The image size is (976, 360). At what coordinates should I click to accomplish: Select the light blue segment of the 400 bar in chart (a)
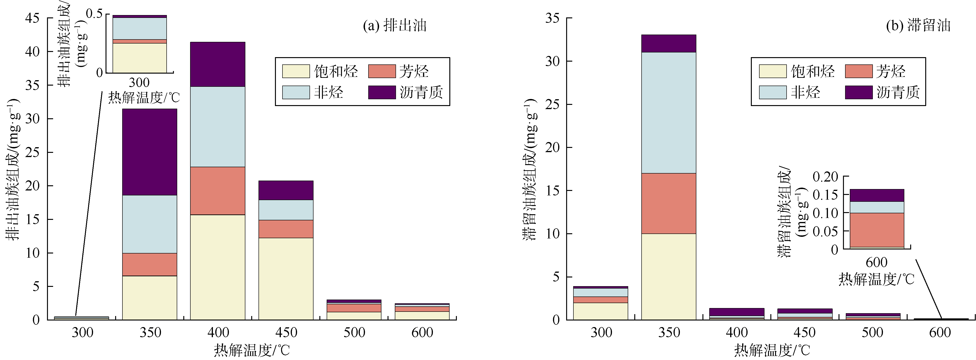(217, 127)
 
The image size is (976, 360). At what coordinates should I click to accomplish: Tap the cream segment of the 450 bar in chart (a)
(286, 279)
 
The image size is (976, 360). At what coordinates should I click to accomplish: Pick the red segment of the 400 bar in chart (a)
(217, 191)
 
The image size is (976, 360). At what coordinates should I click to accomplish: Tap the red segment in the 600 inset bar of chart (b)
(877, 230)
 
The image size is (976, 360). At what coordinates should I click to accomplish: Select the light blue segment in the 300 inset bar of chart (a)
(139, 28)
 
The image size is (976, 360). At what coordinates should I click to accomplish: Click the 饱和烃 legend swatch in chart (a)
(296, 71)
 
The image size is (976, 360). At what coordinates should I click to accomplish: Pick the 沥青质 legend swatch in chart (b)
(858, 92)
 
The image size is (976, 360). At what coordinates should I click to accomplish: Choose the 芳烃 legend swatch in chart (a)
(381, 71)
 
